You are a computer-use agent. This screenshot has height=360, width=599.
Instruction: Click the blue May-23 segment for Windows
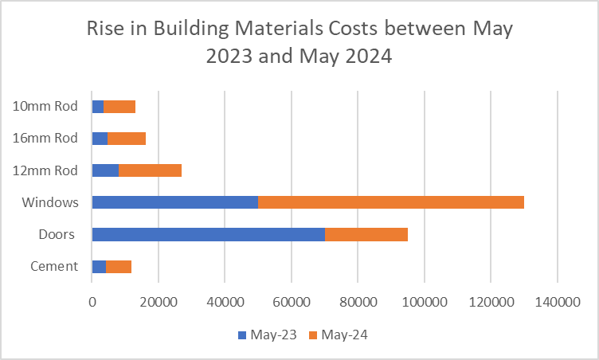[x=174, y=202]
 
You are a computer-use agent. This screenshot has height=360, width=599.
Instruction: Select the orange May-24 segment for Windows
[x=390, y=202]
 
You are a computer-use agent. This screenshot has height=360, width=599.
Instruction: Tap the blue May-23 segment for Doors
[x=208, y=234]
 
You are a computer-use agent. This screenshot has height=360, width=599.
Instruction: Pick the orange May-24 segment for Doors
[x=366, y=234]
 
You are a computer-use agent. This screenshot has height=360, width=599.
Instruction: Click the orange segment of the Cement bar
[x=119, y=266]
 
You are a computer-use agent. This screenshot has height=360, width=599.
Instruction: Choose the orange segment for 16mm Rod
[x=127, y=138]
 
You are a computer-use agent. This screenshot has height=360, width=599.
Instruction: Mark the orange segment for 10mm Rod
[x=119, y=106]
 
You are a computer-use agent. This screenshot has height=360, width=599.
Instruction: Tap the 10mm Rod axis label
[x=46, y=106]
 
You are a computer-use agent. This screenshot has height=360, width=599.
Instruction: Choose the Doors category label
[x=57, y=234]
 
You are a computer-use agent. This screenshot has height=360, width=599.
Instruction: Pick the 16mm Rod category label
[x=46, y=138]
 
